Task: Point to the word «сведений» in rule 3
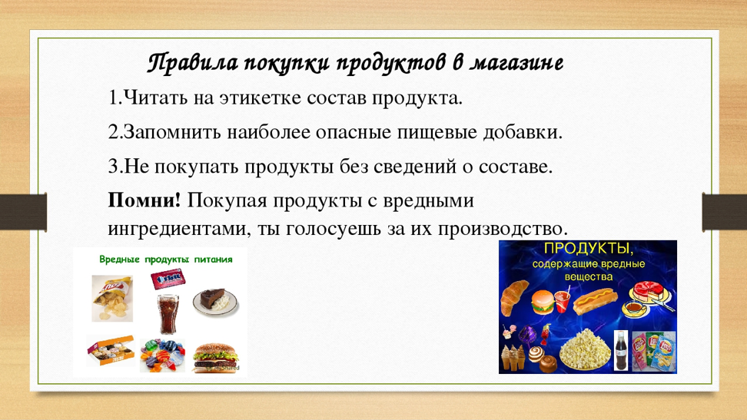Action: (415, 166)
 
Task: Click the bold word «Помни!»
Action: (144, 200)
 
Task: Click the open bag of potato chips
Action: (112, 298)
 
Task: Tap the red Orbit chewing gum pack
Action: (168, 279)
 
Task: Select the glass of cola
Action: (168, 313)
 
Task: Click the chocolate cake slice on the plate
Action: (215, 302)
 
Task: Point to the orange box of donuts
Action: (110, 350)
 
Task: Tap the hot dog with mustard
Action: (595, 302)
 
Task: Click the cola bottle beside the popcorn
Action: (621, 350)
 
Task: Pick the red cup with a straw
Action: (562, 302)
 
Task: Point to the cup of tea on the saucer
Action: (635, 309)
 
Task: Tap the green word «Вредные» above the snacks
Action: (119, 260)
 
